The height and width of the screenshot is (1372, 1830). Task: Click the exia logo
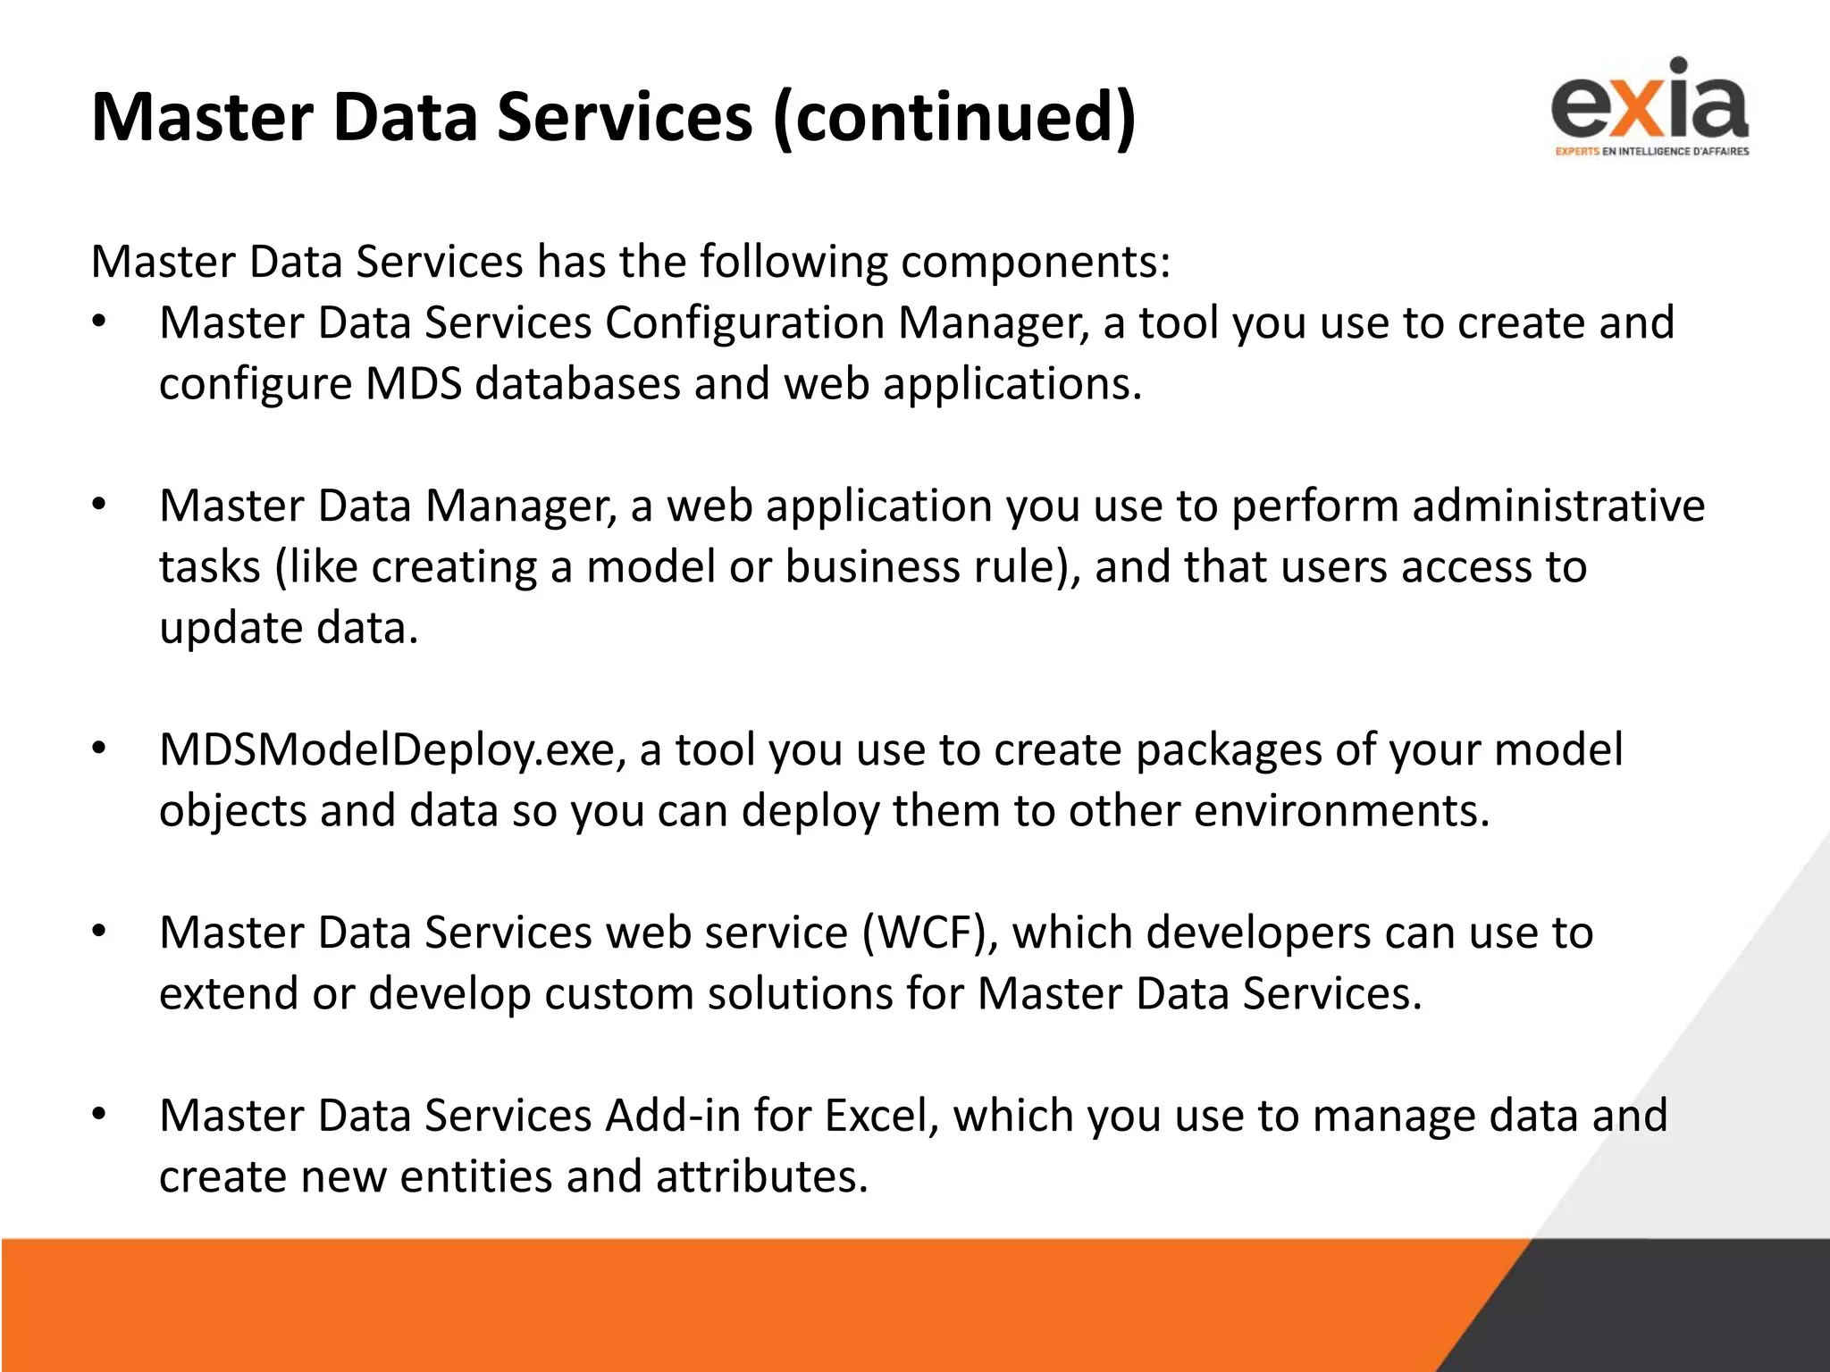1650,100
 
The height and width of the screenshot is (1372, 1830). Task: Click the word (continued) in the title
954,117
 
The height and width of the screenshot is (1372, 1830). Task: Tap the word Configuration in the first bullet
744,322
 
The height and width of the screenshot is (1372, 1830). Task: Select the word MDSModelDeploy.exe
391,749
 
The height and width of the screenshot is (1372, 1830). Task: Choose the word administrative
1558,506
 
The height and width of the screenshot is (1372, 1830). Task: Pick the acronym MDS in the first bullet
414,384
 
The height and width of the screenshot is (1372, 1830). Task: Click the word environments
1341,811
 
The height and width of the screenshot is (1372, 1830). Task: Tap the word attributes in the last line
761,1176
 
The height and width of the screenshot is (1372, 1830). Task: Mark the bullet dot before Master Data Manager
99,506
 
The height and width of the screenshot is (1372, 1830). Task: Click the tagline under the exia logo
1651,151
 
